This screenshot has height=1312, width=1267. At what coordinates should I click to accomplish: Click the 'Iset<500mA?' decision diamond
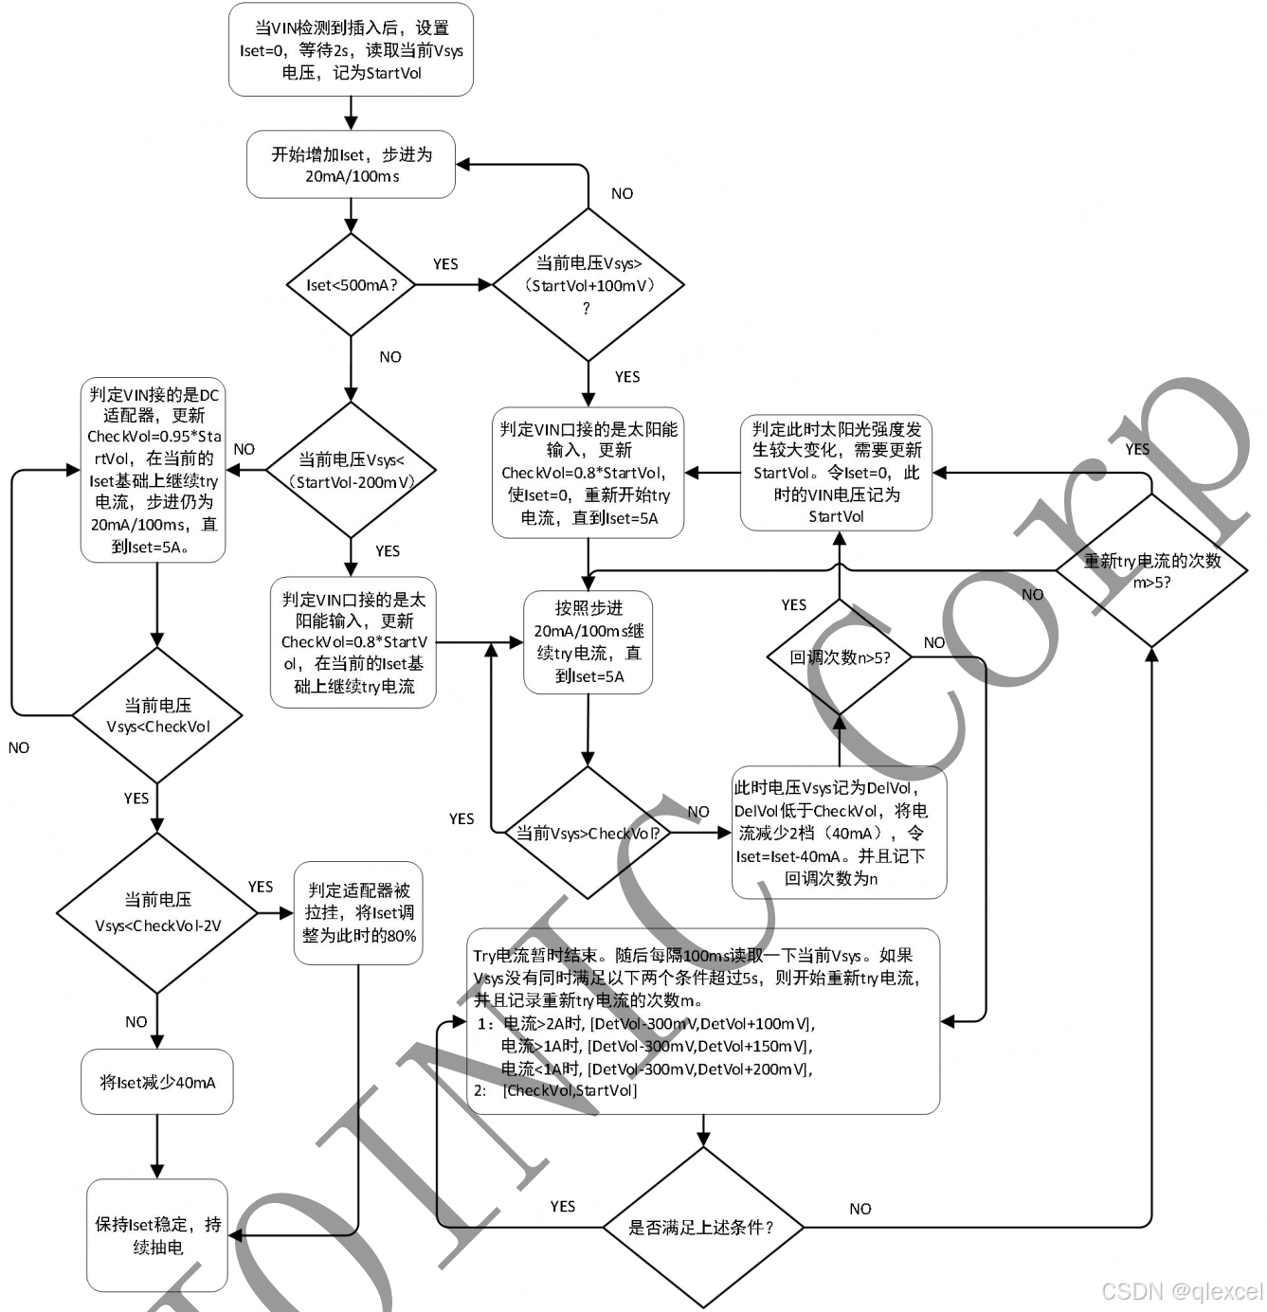pos(351,285)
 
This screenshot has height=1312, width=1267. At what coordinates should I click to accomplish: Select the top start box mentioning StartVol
pos(351,49)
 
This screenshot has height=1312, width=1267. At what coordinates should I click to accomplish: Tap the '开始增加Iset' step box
pos(351,165)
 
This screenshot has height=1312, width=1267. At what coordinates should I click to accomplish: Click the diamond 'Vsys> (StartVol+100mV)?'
pos(588,285)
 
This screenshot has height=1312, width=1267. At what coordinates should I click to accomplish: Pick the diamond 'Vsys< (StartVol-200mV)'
pos(351,470)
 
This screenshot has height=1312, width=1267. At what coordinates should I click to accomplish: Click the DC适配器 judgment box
pos(154,471)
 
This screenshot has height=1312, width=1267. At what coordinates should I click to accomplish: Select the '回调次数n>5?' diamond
pos(839,657)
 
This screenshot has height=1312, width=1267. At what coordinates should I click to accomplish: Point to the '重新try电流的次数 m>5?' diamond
pos(1151,570)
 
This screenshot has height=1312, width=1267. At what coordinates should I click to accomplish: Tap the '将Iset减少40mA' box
pos(157,1082)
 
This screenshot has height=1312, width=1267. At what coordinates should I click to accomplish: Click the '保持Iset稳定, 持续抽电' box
pos(157,1235)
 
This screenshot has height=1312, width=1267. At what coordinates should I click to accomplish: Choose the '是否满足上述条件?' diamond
pos(702,1228)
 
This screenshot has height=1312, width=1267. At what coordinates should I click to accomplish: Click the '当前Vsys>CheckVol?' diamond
pos(588,834)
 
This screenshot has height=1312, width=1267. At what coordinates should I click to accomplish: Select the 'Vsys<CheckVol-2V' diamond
pos(157,913)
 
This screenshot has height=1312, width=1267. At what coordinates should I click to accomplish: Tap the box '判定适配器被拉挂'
pos(358,913)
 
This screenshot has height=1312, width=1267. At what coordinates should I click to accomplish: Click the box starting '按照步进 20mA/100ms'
pos(588,642)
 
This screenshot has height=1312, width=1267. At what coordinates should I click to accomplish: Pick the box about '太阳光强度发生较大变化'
pos(836,472)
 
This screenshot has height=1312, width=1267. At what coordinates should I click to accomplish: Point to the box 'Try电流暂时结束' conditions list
pos(702,1021)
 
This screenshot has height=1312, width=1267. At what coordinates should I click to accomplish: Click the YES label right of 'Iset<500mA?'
pos(445,264)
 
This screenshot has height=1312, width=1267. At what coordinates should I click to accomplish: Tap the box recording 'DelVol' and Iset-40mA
pos(839,833)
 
